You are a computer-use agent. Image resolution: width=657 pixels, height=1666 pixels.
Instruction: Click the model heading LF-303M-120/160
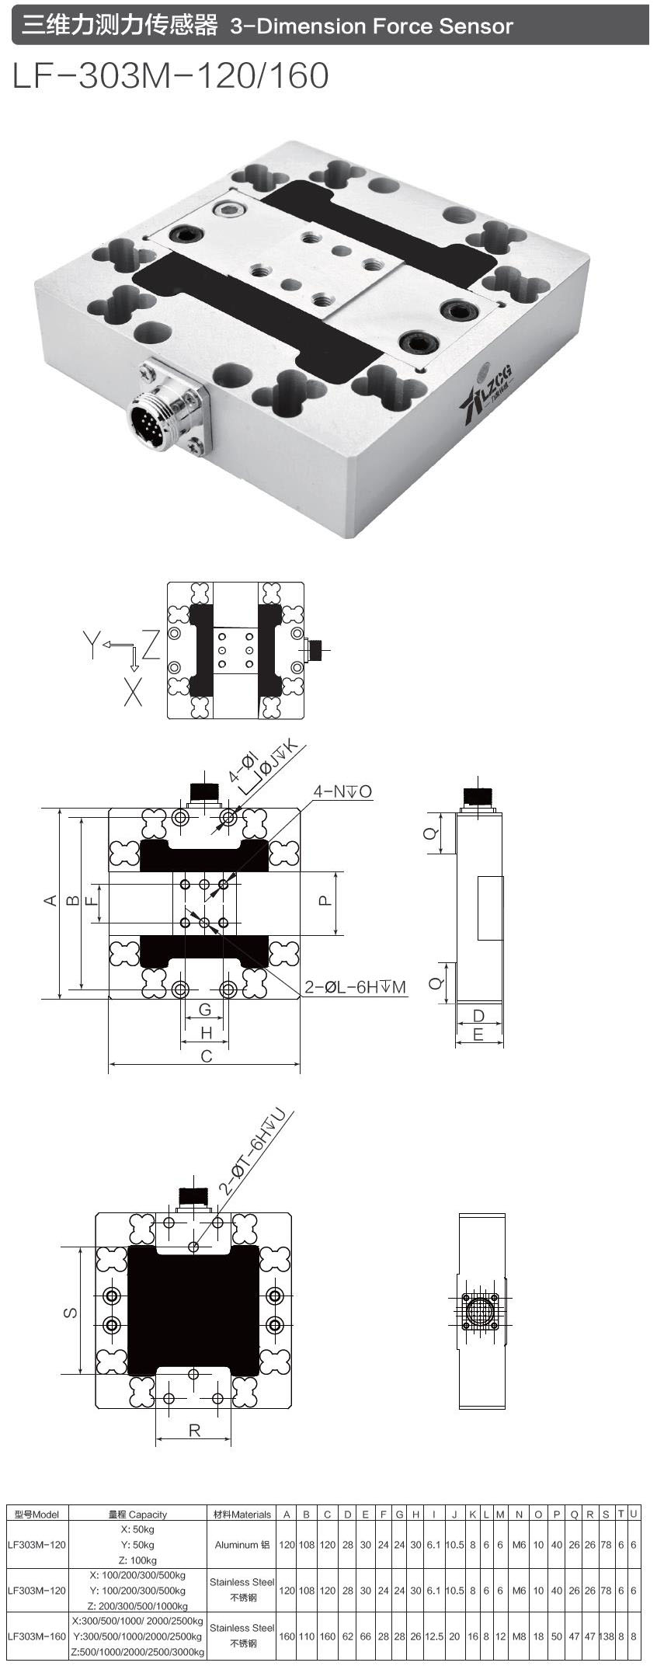point(171,75)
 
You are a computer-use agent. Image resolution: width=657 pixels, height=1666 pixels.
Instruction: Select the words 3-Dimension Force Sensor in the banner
point(371,26)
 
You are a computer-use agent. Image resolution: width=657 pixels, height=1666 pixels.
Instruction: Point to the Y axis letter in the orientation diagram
point(92,645)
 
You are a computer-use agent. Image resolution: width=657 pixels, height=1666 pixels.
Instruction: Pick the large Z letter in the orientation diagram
point(151,645)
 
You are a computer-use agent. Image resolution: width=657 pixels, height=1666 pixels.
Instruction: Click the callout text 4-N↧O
point(342,791)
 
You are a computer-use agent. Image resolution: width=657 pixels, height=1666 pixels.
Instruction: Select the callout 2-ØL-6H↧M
point(355,987)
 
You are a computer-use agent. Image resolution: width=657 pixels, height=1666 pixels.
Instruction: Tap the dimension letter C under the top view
point(206,1056)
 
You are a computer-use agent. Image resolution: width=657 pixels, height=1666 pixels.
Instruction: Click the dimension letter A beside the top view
point(50,900)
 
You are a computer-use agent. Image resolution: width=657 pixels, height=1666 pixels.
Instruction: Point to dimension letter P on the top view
point(325,900)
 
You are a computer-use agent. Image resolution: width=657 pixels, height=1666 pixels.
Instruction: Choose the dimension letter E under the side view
point(478,1035)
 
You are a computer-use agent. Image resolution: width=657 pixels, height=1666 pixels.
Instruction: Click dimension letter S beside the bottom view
point(70,1312)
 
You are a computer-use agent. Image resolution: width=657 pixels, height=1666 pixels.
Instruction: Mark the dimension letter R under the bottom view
point(194,1430)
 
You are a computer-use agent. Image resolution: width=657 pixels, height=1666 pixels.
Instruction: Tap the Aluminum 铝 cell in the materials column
point(242,1545)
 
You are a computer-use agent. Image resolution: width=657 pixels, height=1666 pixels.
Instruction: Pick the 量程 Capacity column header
point(137,1514)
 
